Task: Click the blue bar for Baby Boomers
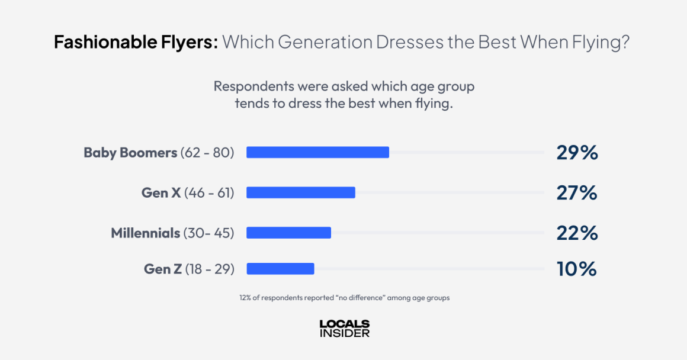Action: (x=317, y=152)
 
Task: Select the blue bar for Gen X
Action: (x=301, y=192)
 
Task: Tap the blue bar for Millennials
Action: (x=288, y=233)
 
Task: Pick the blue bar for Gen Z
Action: (x=280, y=269)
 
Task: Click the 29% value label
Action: (x=577, y=153)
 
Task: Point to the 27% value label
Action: (x=577, y=193)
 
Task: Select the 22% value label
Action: (x=577, y=233)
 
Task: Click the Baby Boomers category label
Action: (x=130, y=153)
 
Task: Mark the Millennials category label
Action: (x=146, y=233)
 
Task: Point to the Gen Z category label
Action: (x=163, y=269)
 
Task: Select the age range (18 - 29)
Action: (x=210, y=269)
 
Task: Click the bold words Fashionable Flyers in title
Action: (x=136, y=42)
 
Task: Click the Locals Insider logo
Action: (x=344, y=329)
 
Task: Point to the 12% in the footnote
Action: (x=246, y=298)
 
